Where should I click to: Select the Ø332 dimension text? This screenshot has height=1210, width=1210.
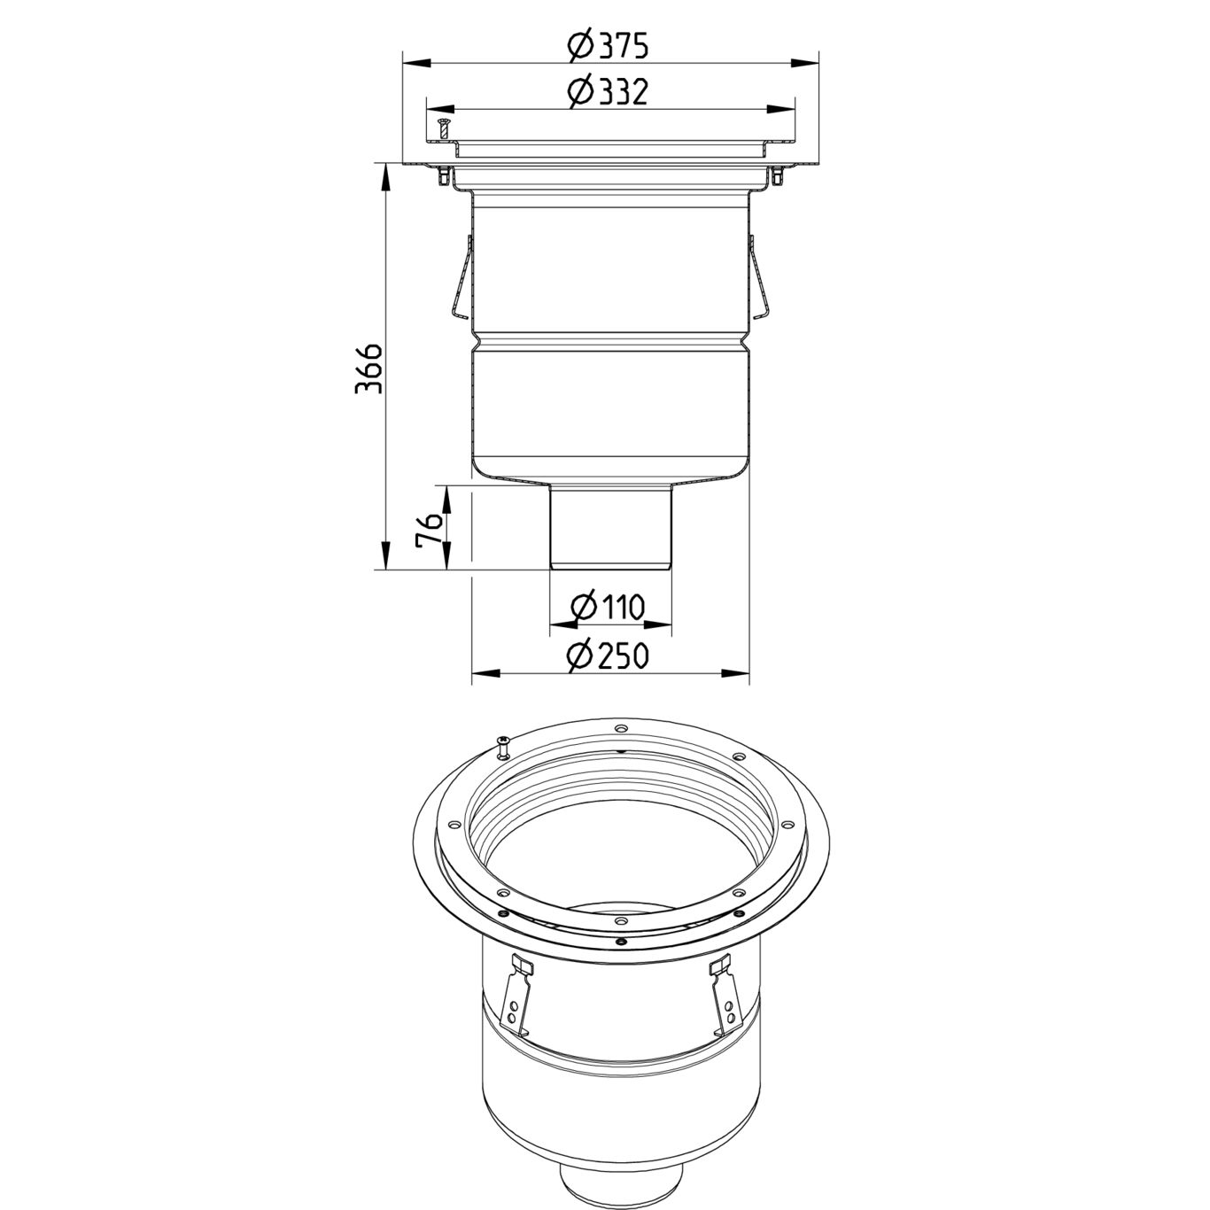point(609,91)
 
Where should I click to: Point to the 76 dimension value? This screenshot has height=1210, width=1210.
point(429,529)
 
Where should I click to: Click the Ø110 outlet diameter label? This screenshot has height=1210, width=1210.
point(609,608)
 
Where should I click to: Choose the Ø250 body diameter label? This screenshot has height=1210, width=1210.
point(609,655)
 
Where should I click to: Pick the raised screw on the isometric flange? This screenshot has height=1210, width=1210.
point(502,746)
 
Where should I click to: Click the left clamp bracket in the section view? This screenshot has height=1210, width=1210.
point(460,277)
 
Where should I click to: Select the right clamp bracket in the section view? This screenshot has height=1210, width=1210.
point(759,277)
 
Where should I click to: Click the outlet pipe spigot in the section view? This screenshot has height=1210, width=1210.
point(609,527)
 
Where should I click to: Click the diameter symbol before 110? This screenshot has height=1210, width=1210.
point(582,608)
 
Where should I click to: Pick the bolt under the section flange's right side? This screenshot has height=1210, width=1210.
point(777,178)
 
